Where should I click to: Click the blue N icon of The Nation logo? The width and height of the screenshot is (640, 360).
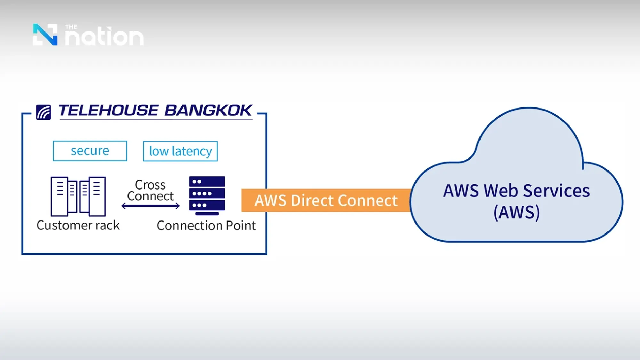45,35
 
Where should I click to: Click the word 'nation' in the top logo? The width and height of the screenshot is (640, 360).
104,37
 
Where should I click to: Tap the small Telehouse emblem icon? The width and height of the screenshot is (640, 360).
44,112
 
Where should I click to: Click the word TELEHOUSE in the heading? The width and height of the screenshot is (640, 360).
108,111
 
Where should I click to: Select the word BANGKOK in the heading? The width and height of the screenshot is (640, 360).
208,111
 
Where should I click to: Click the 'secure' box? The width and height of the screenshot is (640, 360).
90,151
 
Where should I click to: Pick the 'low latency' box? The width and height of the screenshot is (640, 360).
180,151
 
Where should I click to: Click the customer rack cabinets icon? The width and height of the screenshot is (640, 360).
78,196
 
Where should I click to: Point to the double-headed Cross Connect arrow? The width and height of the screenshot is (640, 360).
150,206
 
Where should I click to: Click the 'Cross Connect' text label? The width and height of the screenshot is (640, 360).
150,190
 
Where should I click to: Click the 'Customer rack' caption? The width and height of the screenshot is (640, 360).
78,225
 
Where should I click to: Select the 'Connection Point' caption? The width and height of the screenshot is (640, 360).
206,226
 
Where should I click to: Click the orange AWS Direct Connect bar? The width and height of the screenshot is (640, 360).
326,200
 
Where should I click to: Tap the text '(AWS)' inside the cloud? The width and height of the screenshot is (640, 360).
516,212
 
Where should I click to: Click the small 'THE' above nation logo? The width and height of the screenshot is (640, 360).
71,27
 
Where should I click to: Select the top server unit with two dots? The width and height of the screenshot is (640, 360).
207,181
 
